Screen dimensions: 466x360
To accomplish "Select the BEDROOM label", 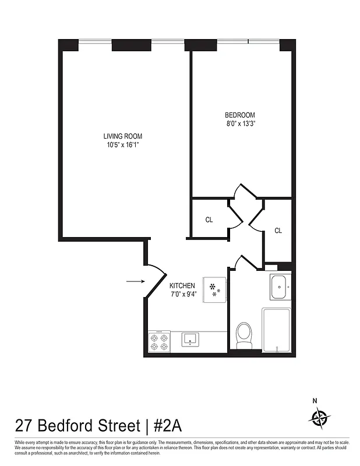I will [x=240, y=115].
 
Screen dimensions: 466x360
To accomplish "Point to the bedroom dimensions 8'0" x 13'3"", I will [x=240, y=123].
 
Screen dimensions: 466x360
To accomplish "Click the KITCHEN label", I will [x=182, y=285].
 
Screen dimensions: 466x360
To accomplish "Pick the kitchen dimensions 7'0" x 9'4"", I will [x=182, y=294].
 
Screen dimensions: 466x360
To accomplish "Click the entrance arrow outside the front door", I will [x=135, y=282].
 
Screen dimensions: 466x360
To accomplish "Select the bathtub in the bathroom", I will [x=276, y=330].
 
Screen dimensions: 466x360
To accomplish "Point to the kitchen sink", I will [x=190, y=339].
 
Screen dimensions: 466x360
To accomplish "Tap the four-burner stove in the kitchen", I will [x=158, y=341].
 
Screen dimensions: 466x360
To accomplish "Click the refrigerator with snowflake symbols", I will [x=213, y=289].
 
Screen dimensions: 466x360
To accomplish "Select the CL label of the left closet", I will [x=209, y=220].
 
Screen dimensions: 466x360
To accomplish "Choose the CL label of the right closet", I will [x=278, y=231].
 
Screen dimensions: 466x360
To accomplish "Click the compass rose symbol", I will [x=319, y=417].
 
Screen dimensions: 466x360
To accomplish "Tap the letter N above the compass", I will [x=315, y=400].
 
